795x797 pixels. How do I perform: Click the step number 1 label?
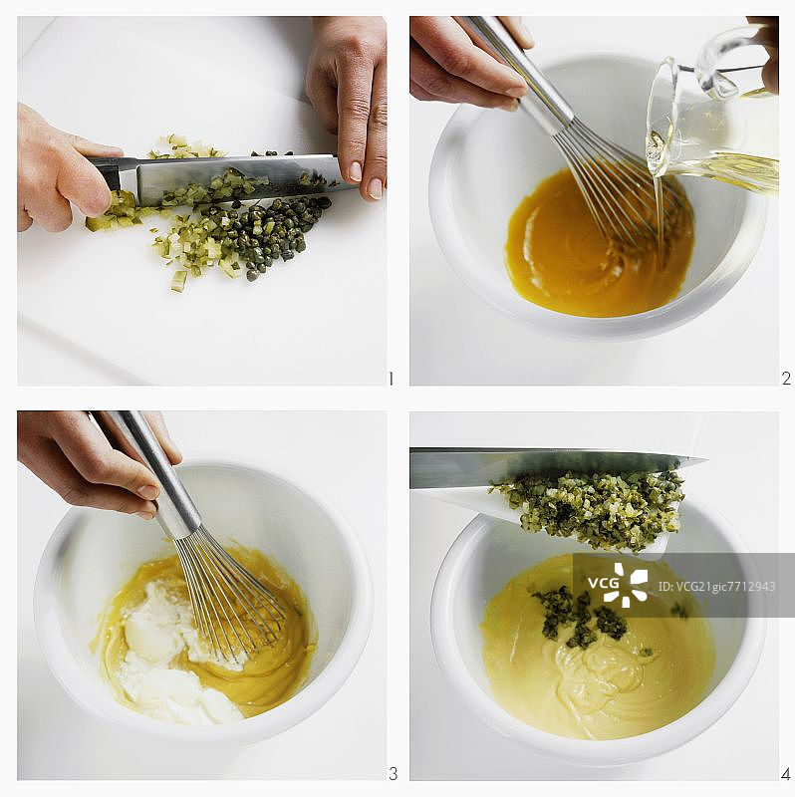(391, 379)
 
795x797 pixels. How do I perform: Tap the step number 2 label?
(786, 379)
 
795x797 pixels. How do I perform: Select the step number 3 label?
(393, 774)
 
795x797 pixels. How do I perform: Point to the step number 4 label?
(786, 774)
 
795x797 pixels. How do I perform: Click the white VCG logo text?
(604, 583)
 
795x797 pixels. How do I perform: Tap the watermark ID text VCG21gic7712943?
(716, 587)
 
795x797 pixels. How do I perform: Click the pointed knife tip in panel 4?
(704, 460)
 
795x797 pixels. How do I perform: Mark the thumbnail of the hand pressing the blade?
(376, 188)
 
